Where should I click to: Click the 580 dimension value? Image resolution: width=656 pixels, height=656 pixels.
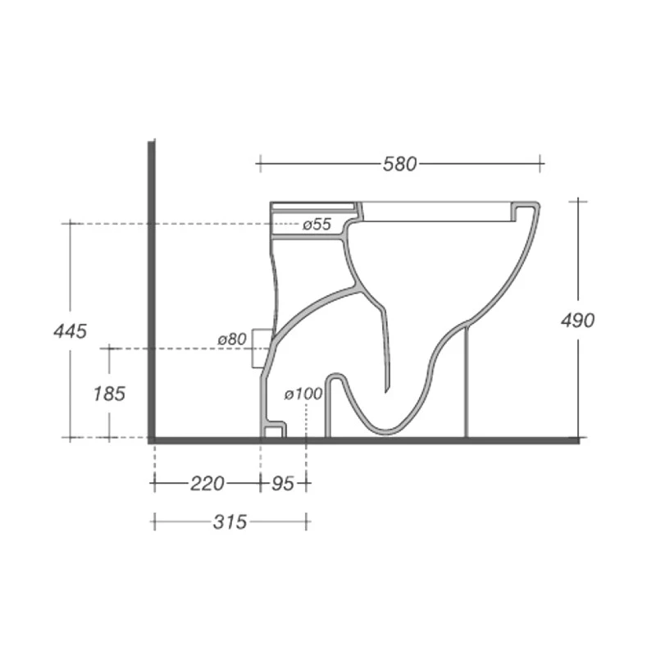[x=400, y=164]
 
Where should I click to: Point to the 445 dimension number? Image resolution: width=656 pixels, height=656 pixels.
[x=70, y=331]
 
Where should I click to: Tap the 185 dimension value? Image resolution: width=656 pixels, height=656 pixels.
[x=109, y=394]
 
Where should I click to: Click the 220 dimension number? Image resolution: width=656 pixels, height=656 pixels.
[x=207, y=484]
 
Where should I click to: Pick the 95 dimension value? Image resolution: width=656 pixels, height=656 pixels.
[x=282, y=484]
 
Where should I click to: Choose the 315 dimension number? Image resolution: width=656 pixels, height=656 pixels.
[x=230, y=522]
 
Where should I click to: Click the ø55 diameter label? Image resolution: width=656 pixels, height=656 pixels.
[x=316, y=224]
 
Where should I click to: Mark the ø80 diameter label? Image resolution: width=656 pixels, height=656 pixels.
[x=232, y=338]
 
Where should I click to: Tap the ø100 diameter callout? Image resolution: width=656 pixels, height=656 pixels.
[x=303, y=394]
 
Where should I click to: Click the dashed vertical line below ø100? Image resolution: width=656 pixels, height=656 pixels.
[x=306, y=418]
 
